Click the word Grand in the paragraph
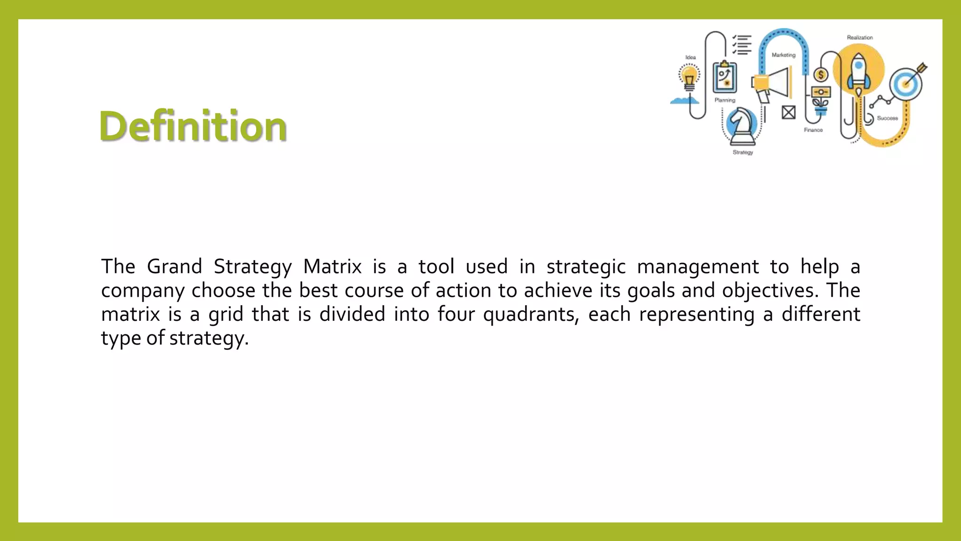click(174, 267)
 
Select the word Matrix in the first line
click(332, 267)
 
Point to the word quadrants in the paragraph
click(529, 315)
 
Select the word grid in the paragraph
click(226, 315)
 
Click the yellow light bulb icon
click(689, 77)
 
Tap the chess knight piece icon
click(741, 124)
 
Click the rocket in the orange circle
click(858, 73)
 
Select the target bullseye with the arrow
click(908, 84)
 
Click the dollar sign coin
click(821, 75)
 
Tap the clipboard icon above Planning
click(725, 77)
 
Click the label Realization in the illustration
click(860, 38)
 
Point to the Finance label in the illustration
click(813, 130)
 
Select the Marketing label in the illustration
click(784, 55)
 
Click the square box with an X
click(788, 112)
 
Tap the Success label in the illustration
click(887, 118)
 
